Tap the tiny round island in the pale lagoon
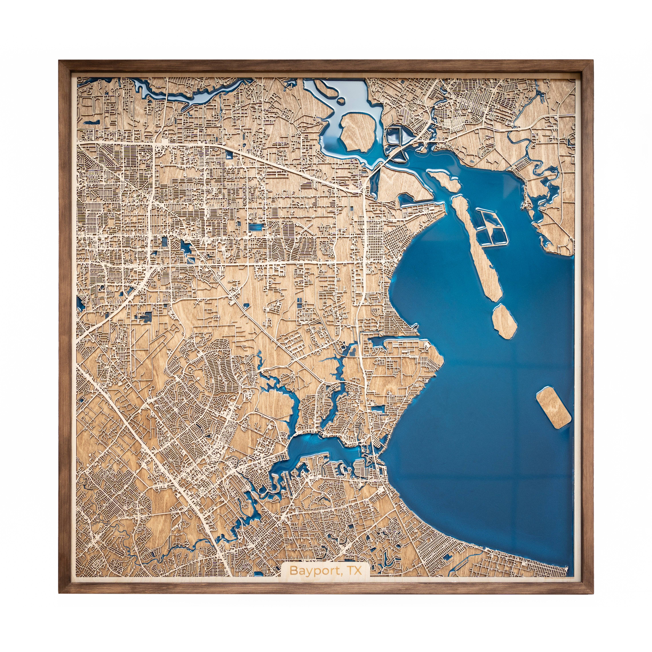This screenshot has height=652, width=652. [x=342, y=100]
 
